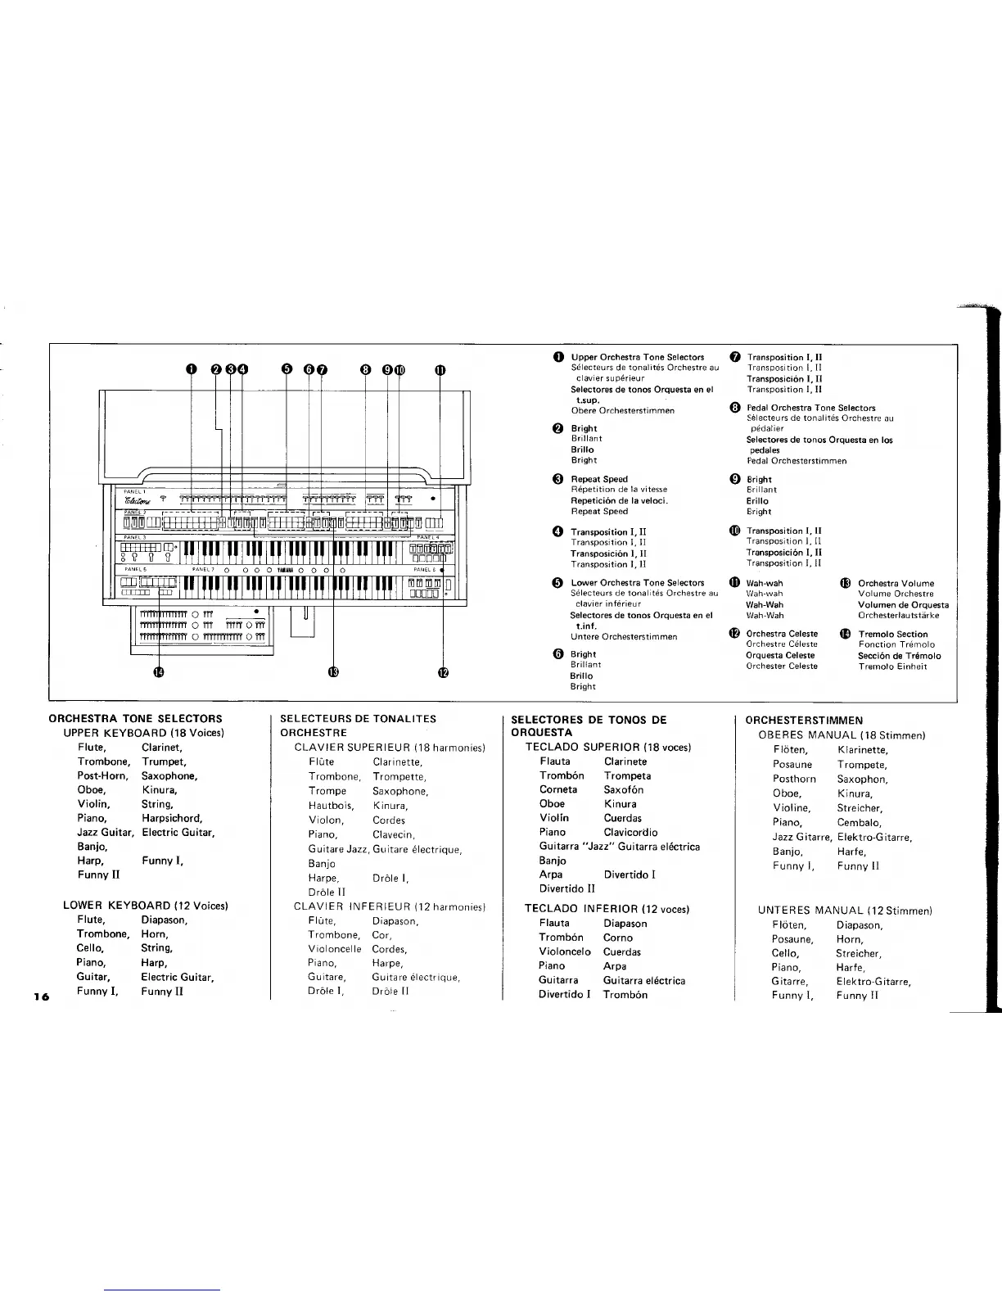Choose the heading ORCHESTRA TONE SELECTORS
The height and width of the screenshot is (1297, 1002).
(136, 719)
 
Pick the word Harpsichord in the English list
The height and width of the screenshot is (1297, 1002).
(172, 818)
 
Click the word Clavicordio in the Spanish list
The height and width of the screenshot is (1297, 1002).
(630, 832)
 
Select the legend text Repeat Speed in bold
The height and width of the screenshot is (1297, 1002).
(599, 479)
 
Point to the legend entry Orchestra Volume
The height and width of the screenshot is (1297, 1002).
(896, 584)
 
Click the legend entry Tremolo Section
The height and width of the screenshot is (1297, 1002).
(892, 634)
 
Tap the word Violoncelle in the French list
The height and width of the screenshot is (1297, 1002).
(335, 949)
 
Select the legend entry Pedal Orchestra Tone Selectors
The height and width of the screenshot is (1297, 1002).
(810, 408)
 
